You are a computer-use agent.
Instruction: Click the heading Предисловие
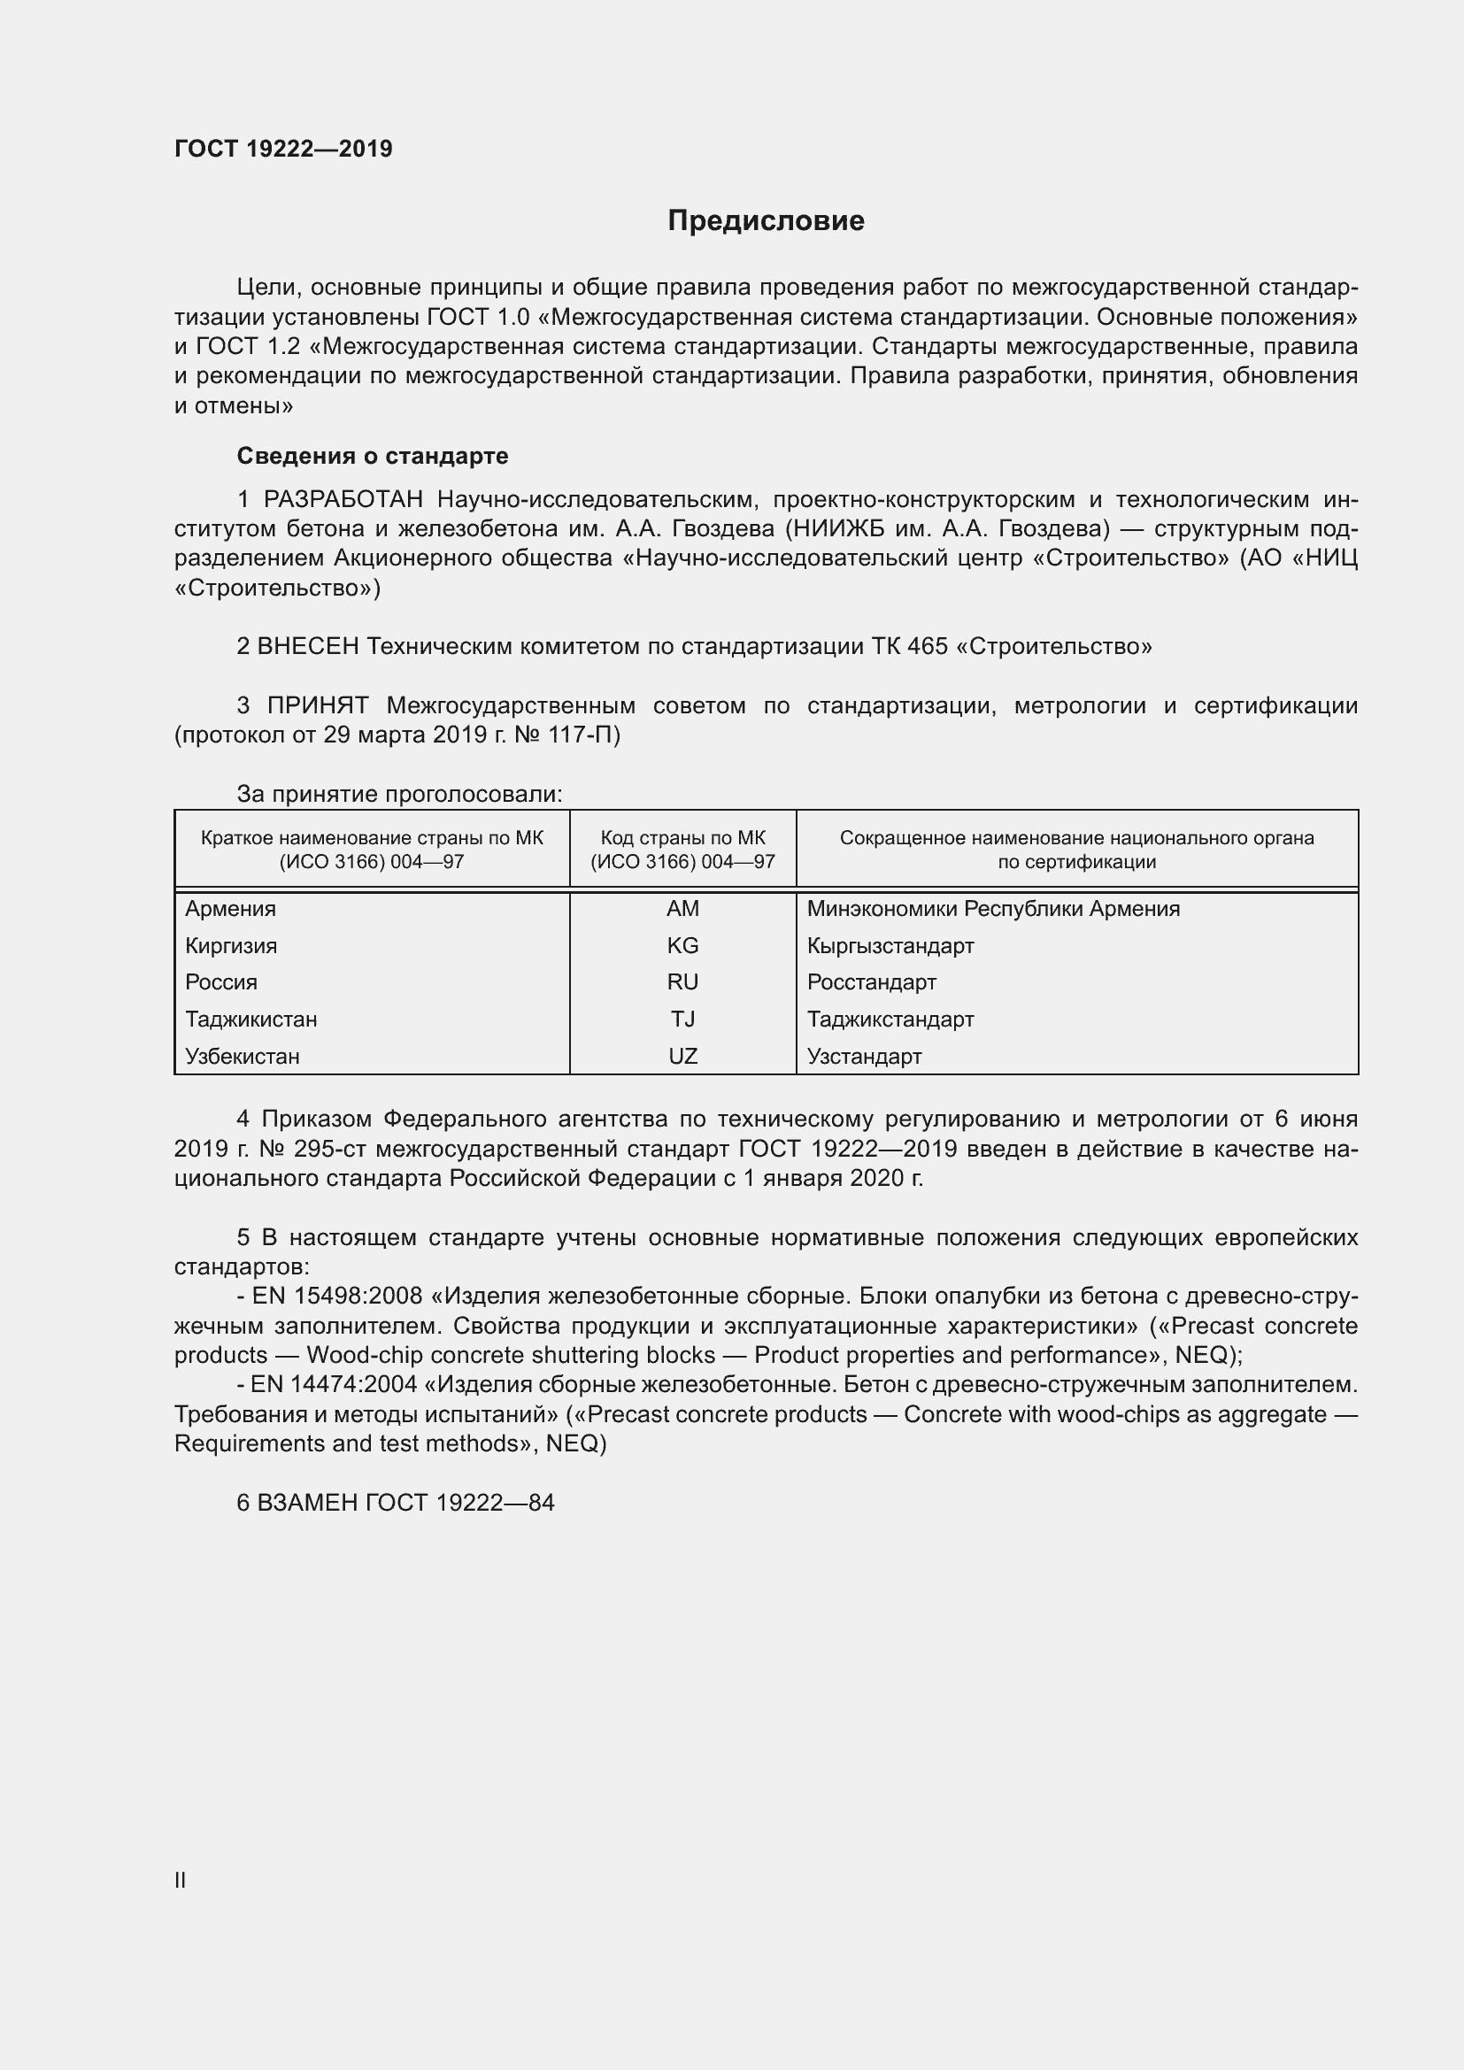(x=766, y=221)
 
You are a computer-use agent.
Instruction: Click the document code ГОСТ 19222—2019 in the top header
(x=283, y=150)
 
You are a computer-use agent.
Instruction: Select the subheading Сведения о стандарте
(x=373, y=456)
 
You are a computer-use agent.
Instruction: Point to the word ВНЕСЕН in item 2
(x=307, y=646)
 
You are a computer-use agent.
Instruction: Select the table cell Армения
(x=231, y=909)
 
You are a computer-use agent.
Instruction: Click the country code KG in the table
(x=682, y=946)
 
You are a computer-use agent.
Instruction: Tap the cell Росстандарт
(x=871, y=982)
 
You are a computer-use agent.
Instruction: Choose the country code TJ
(x=682, y=1020)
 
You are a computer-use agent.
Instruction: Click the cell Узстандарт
(x=864, y=1057)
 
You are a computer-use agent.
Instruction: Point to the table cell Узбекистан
(x=242, y=1057)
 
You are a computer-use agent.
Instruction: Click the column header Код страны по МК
(x=682, y=838)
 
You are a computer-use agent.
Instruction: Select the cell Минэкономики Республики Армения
(x=992, y=909)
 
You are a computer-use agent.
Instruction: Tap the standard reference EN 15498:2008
(x=336, y=1297)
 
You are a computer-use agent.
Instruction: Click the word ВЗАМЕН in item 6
(x=307, y=1503)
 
